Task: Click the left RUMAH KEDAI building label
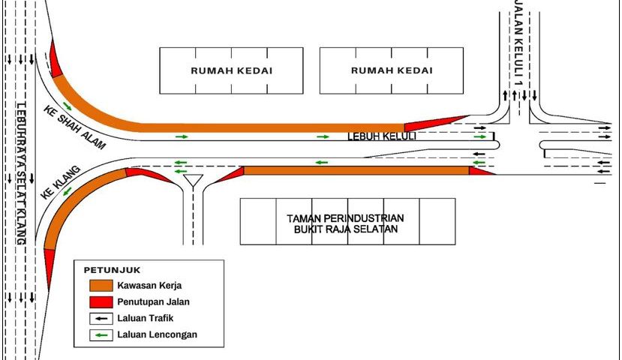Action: tap(231, 71)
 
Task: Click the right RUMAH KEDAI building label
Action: tap(392, 71)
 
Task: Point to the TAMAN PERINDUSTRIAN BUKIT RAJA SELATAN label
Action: tap(345, 223)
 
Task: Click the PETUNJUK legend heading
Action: tap(112, 270)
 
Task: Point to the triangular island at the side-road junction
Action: tap(194, 181)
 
